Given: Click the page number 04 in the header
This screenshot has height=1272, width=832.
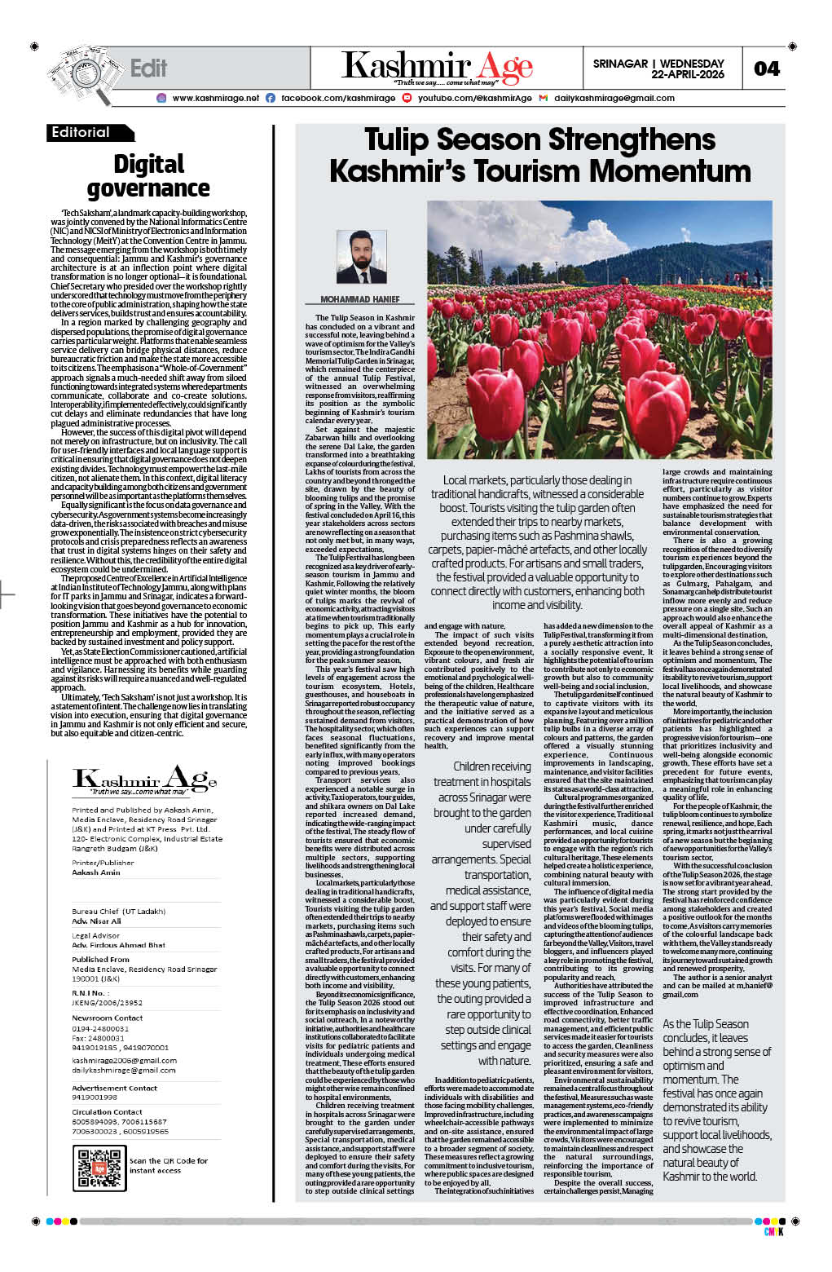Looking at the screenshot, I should pyautogui.click(x=767, y=68).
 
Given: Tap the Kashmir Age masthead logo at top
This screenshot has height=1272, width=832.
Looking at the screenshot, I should pyautogui.click(x=437, y=67).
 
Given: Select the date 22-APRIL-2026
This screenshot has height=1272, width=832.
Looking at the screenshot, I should pyautogui.click(x=688, y=74).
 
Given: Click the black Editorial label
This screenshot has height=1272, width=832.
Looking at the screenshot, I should pyautogui.click(x=81, y=132).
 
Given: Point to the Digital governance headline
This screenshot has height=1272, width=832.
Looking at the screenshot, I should pyautogui.click(x=148, y=176).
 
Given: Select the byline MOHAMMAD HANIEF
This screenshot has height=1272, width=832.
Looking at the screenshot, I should pyautogui.click(x=360, y=300).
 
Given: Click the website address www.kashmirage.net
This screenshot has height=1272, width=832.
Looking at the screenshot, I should pyautogui.click(x=216, y=98).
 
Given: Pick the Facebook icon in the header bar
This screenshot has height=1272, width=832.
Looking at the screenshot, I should pyautogui.click(x=271, y=98).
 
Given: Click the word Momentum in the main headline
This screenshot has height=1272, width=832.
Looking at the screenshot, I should pyautogui.click(x=670, y=171).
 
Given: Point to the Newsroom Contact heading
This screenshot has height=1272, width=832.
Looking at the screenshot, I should pyautogui.click(x=107, y=1018).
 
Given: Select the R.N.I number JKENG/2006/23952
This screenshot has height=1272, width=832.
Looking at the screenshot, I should pyautogui.click(x=107, y=1003).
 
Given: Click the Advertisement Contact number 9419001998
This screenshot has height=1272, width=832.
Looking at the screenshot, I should pyautogui.click(x=95, y=1098).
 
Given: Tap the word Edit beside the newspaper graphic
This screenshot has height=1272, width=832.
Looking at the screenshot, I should pyautogui.click(x=148, y=68).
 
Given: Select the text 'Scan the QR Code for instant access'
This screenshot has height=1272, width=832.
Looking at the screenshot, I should pyautogui.click(x=168, y=1165).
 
